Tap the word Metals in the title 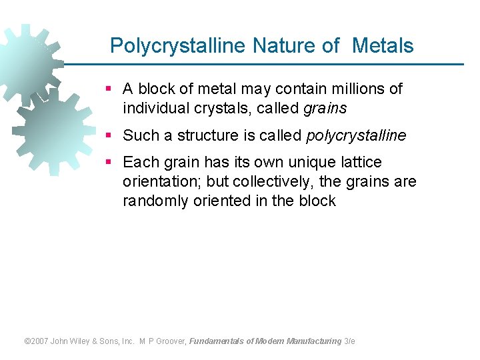pyautogui.click(x=383, y=46)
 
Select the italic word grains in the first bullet pyautogui.click(x=325, y=108)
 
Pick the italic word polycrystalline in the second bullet pyautogui.click(x=356, y=135)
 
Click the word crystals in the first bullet pyautogui.click(x=206, y=108)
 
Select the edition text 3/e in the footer pyautogui.click(x=350, y=341)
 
